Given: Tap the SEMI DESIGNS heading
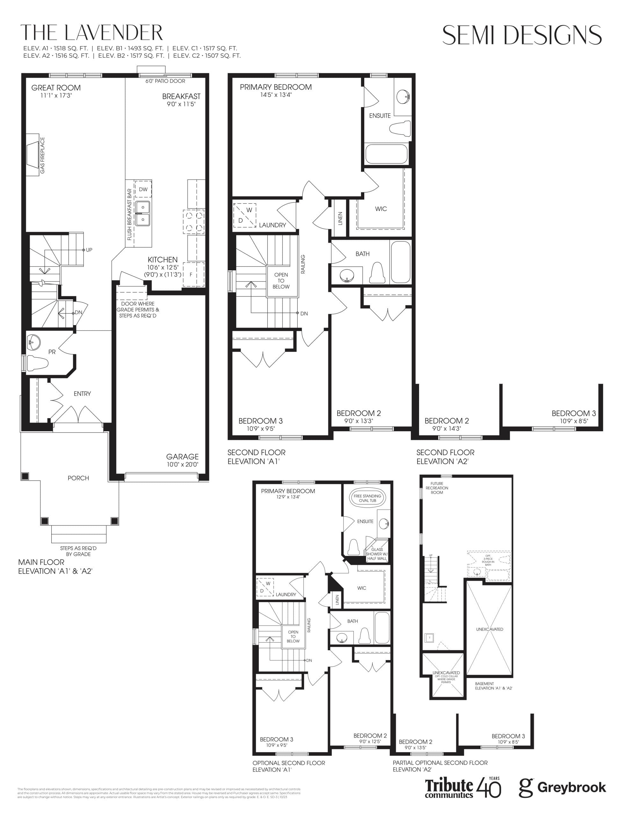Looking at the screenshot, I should pos(521,35).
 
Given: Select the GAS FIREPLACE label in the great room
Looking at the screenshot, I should pos(42,155).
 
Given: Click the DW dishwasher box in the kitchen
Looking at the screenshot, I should pos(143,189).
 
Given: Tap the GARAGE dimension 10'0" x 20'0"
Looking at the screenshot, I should pos(182,464).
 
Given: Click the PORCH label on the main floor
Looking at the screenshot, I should pos(78,478).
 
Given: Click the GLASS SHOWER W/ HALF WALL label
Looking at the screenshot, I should pos(377,554).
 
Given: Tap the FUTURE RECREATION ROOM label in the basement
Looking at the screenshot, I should pos(437,488).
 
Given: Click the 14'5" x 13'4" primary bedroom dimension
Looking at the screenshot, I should pos(276,95).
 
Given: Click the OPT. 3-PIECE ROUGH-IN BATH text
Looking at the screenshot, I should pos(488,560).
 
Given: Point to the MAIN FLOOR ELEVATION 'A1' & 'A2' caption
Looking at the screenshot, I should pos(55,566).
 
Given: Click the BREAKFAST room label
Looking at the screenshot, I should pos(181,96).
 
